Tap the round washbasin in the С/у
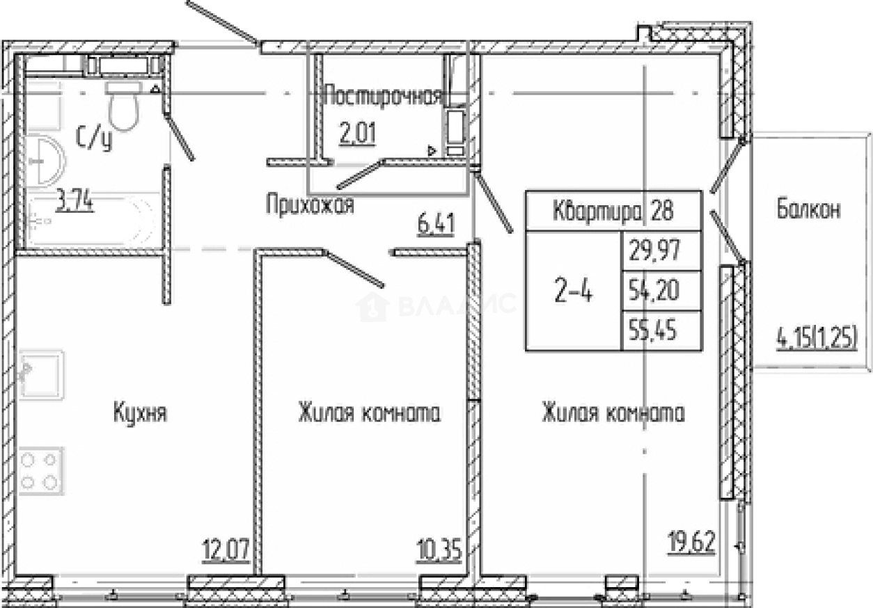(45, 161)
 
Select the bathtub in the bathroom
(92, 221)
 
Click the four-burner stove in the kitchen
(40, 471)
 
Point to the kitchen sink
(41, 374)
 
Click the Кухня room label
(141, 413)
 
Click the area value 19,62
(692, 542)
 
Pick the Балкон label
(808, 209)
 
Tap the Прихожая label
(310, 205)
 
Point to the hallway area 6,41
(436, 225)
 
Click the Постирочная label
(384, 96)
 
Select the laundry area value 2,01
(358, 134)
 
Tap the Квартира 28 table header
(613, 211)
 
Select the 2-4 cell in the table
(573, 291)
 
